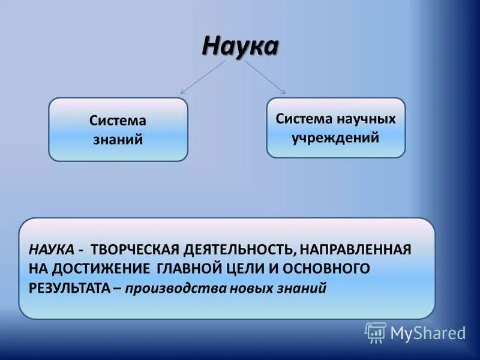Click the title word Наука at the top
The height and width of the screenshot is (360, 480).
(x=240, y=45)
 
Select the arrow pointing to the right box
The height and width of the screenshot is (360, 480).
(x=265, y=77)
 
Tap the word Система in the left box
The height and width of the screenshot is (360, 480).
(x=118, y=121)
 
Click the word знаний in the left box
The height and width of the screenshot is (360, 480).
(x=118, y=139)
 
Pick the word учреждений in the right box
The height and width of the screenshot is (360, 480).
(x=335, y=137)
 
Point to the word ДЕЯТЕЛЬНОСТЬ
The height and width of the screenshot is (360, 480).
(x=242, y=249)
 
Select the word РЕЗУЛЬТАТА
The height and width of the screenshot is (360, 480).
(x=69, y=287)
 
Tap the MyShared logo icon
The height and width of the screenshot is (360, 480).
(x=375, y=332)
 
